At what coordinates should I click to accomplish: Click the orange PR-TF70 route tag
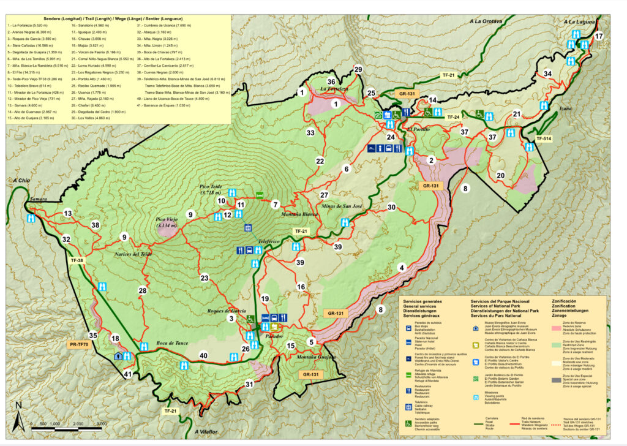[79, 345]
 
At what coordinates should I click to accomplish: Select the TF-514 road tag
[543, 138]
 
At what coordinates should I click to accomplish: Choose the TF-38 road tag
[77, 260]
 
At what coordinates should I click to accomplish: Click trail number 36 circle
[331, 82]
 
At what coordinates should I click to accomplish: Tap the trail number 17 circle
[599, 36]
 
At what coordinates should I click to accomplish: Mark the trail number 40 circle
[203, 355]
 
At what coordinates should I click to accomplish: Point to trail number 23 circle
[205, 278]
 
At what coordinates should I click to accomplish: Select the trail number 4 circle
[402, 267]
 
